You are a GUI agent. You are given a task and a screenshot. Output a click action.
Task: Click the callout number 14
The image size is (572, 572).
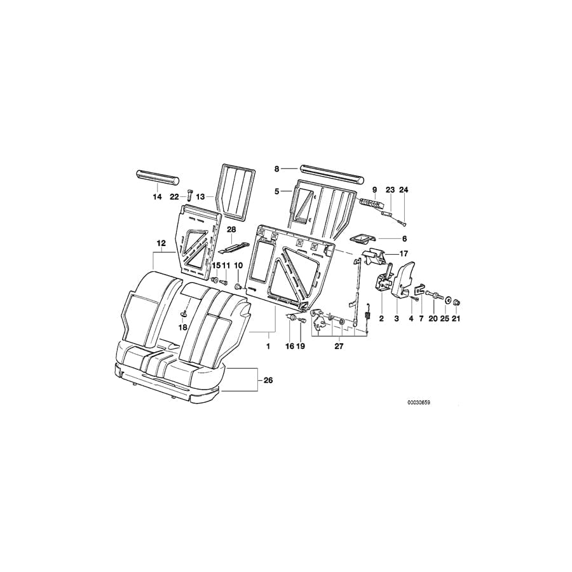pyautogui.click(x=157, y=197)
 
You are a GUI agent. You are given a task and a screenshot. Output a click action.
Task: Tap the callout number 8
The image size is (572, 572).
pyautogui.click(x=277, y=169)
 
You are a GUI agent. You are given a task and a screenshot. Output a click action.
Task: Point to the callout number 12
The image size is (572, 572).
pyautogui.click(x=161, y=243)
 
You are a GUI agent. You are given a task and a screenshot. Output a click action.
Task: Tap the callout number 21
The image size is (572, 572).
pyautogui.click(x=455, y=318)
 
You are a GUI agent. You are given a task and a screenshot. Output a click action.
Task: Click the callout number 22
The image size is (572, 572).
pyautogui.click(x=174, y=197)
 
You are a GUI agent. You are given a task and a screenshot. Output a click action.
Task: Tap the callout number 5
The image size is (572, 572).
pyautogui.click(x=277, y=190)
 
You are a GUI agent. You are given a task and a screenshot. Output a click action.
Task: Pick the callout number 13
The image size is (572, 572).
pyautogui.click(x=201, y=197)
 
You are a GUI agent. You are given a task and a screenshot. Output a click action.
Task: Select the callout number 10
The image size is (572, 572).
pyautogui.click(x=238, y=265)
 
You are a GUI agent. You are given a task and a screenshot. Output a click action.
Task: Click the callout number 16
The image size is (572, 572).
pyautogui.click(x=290, y=347)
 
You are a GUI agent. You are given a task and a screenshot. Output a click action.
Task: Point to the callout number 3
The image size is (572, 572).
pyautogui.click(x=396, y=318)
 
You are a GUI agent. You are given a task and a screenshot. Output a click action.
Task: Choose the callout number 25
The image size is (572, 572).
pyautogui.click(x=444, y=318)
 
